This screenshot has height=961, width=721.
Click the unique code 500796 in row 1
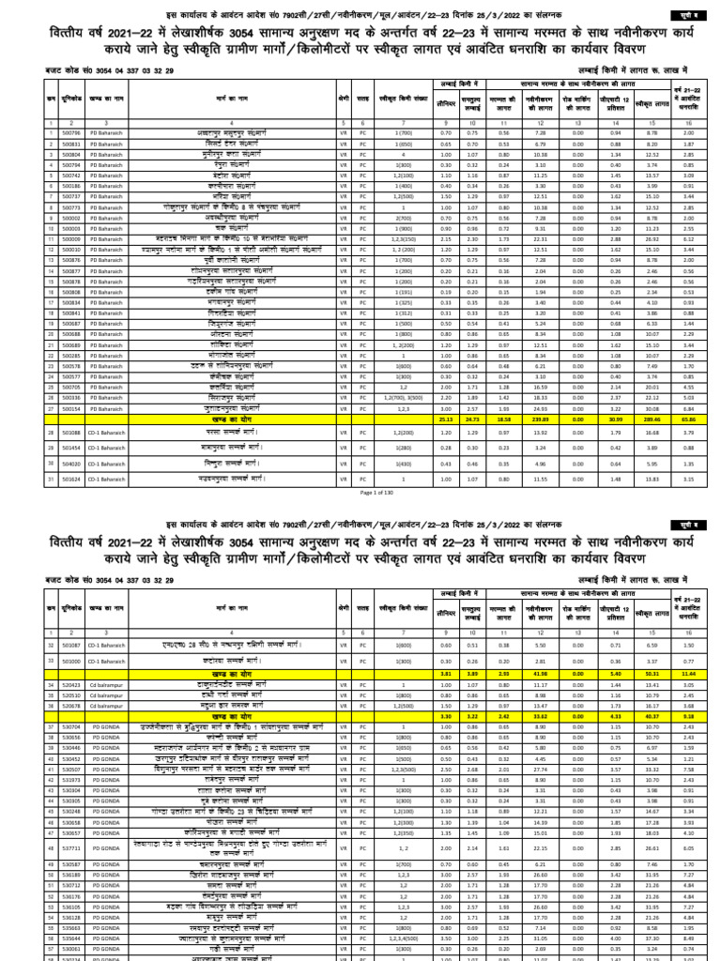(71, 133)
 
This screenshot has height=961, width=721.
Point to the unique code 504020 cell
(71, 464)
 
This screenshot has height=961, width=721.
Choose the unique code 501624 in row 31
(71, 480)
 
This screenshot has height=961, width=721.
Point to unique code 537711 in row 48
(71, 846)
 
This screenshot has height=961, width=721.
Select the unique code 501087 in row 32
(71, 646)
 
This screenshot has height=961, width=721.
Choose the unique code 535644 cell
(71, 937)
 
